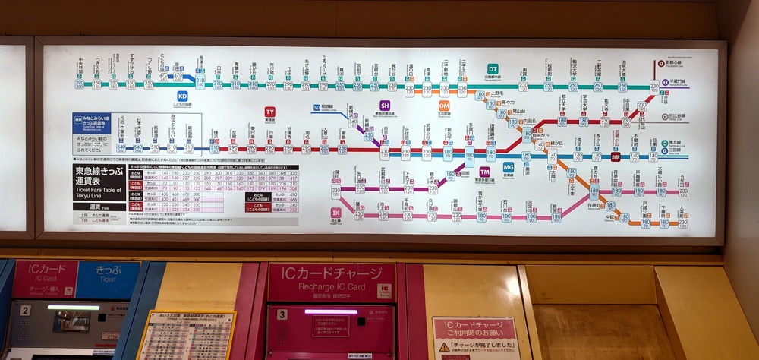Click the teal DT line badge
coord(493,69)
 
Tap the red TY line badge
coord(269,112)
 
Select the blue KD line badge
coord(182,96)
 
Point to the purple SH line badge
coord(385,106)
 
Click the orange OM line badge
coord(444,106)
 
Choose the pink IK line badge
coord(335,213)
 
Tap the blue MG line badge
coord(509,166)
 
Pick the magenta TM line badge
coord(484,172)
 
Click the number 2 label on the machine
coord(26,310)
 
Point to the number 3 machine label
coord(282,314)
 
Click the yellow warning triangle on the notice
coord(444,347)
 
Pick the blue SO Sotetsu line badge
coord(317,108)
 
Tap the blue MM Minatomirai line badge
coord(78,119)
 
